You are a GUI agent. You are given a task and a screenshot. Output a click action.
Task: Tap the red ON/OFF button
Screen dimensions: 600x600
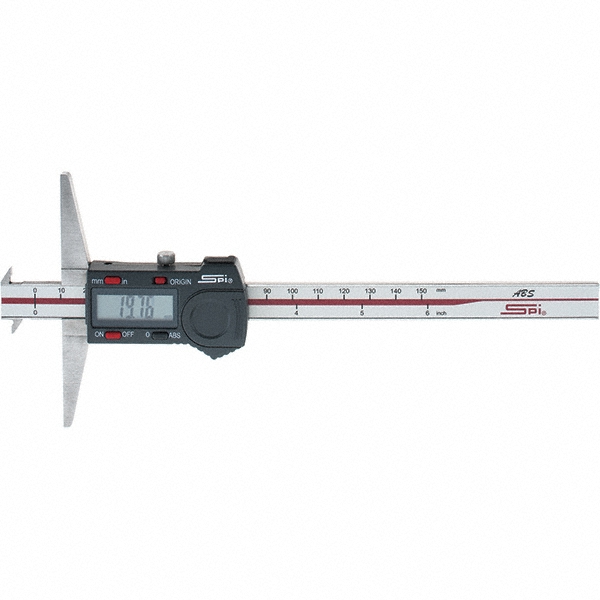point(113,335)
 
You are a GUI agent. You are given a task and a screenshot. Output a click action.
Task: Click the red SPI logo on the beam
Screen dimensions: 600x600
point(522,310)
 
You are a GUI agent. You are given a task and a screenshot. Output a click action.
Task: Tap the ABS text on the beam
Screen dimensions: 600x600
point(523,294)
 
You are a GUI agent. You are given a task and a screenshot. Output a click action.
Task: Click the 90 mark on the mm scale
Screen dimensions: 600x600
point(267,291)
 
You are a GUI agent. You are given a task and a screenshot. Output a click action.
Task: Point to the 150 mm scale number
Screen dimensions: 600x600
point(422,291)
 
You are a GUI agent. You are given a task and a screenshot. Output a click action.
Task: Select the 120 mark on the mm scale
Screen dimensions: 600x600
point(344,291)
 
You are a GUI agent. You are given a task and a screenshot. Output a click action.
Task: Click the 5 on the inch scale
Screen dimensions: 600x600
point(362,313)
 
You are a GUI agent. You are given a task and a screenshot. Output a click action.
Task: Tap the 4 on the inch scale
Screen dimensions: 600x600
point(297,313)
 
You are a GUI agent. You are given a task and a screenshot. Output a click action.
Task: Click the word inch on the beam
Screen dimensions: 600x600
point(441,313)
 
